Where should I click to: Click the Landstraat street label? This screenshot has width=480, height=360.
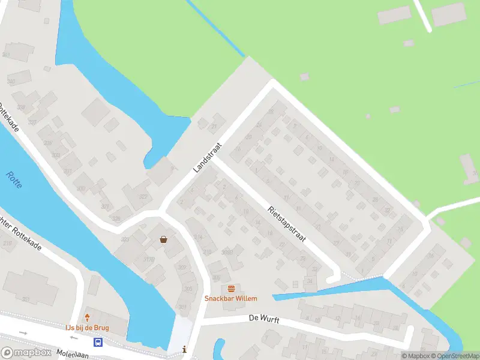tap(208, 158)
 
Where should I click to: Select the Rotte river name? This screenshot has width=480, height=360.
tap(14, 180)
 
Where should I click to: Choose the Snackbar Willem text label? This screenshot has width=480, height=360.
tap(231, 298)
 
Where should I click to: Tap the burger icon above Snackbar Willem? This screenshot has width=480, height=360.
tap(231, 289)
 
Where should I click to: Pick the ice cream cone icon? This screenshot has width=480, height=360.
tap(88, 317)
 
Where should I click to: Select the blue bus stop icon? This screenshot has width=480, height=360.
tap(98, 343)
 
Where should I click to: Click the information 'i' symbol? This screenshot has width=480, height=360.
tap(184, 349)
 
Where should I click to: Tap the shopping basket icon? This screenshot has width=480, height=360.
tap(163, 239)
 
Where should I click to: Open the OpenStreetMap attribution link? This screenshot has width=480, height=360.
tap(455, 356)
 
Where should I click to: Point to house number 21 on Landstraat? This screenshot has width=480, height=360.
tap(215, 126)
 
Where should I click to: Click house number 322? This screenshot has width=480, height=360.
tap(143, 197)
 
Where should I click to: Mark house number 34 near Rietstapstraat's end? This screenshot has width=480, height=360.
tap(310, 280)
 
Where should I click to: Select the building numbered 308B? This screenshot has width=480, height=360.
tap(227, 252)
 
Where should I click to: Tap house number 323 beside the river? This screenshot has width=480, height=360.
tap(125, 239)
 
